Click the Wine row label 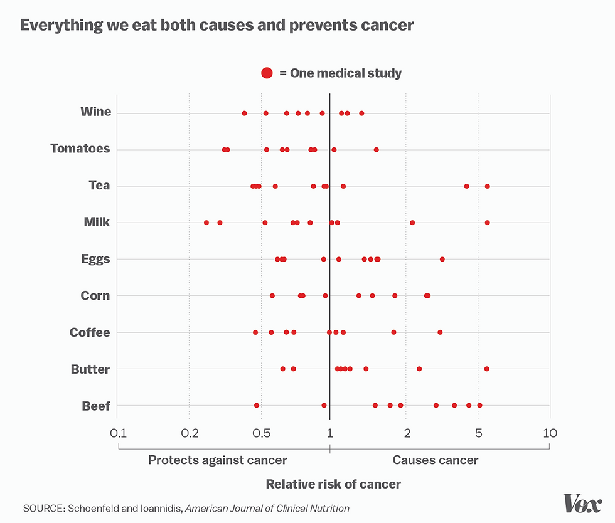[x=95, y=112]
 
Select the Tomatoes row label [x=80, y=149]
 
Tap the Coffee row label [x=90, y=332]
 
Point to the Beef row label [x=96, y=406]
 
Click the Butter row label [x=90, y=369]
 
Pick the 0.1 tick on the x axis [x=117, y=433]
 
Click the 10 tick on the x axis [x=550, y=433]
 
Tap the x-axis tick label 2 [x=407, y=433]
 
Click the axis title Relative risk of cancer [x=333, y=484]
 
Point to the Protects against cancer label [x=217, y=460]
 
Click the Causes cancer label [x=436, y=460]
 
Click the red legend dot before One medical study [x=267, y=73]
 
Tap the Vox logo [x=582, y=503]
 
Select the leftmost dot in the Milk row [x=206, y=223]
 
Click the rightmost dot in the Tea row [x=487, y=186]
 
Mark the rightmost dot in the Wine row [x=361, y=114]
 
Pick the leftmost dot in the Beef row [x=256, y=406]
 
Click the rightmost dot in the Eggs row [x=442, y=259]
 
